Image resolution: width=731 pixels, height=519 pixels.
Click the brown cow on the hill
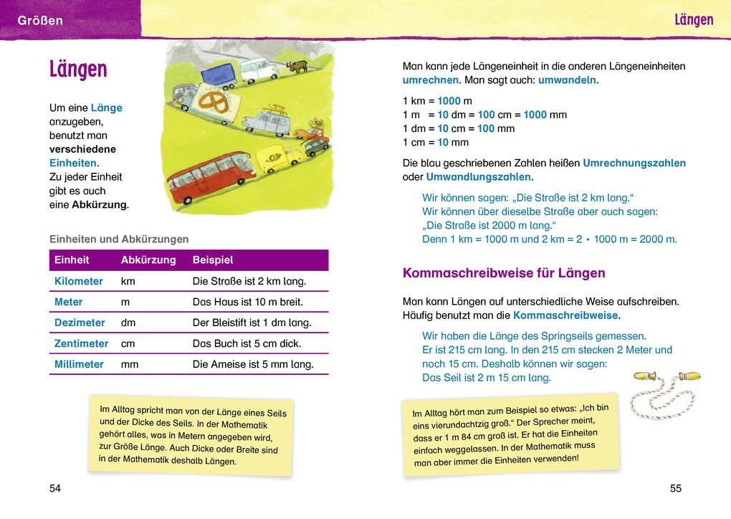point(297,67)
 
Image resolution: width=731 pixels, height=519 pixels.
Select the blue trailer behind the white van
point(218,75)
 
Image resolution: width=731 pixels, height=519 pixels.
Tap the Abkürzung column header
point(148,260)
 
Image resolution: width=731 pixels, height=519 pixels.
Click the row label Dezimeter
point(80,323)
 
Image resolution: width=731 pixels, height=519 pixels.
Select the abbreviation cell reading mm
point(130,364)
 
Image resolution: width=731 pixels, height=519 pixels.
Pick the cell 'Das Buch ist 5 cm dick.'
point(247,343)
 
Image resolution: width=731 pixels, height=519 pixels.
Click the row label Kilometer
point(79,281)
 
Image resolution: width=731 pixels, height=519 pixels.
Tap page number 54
point(55,488)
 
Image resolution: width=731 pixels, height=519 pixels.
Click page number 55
point(675,488)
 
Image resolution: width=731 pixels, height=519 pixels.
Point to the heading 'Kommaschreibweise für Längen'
point(504,273)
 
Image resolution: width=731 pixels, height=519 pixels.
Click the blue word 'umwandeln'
point(567,80)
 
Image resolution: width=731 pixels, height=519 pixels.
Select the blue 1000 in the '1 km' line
point(449,101)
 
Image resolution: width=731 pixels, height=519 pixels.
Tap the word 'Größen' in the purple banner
point(40,21)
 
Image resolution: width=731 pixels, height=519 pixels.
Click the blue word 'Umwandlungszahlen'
point(478,176)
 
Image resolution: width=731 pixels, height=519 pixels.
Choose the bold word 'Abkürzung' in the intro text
point(99,205)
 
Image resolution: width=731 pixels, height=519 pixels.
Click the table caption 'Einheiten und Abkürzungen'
point(119,239)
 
